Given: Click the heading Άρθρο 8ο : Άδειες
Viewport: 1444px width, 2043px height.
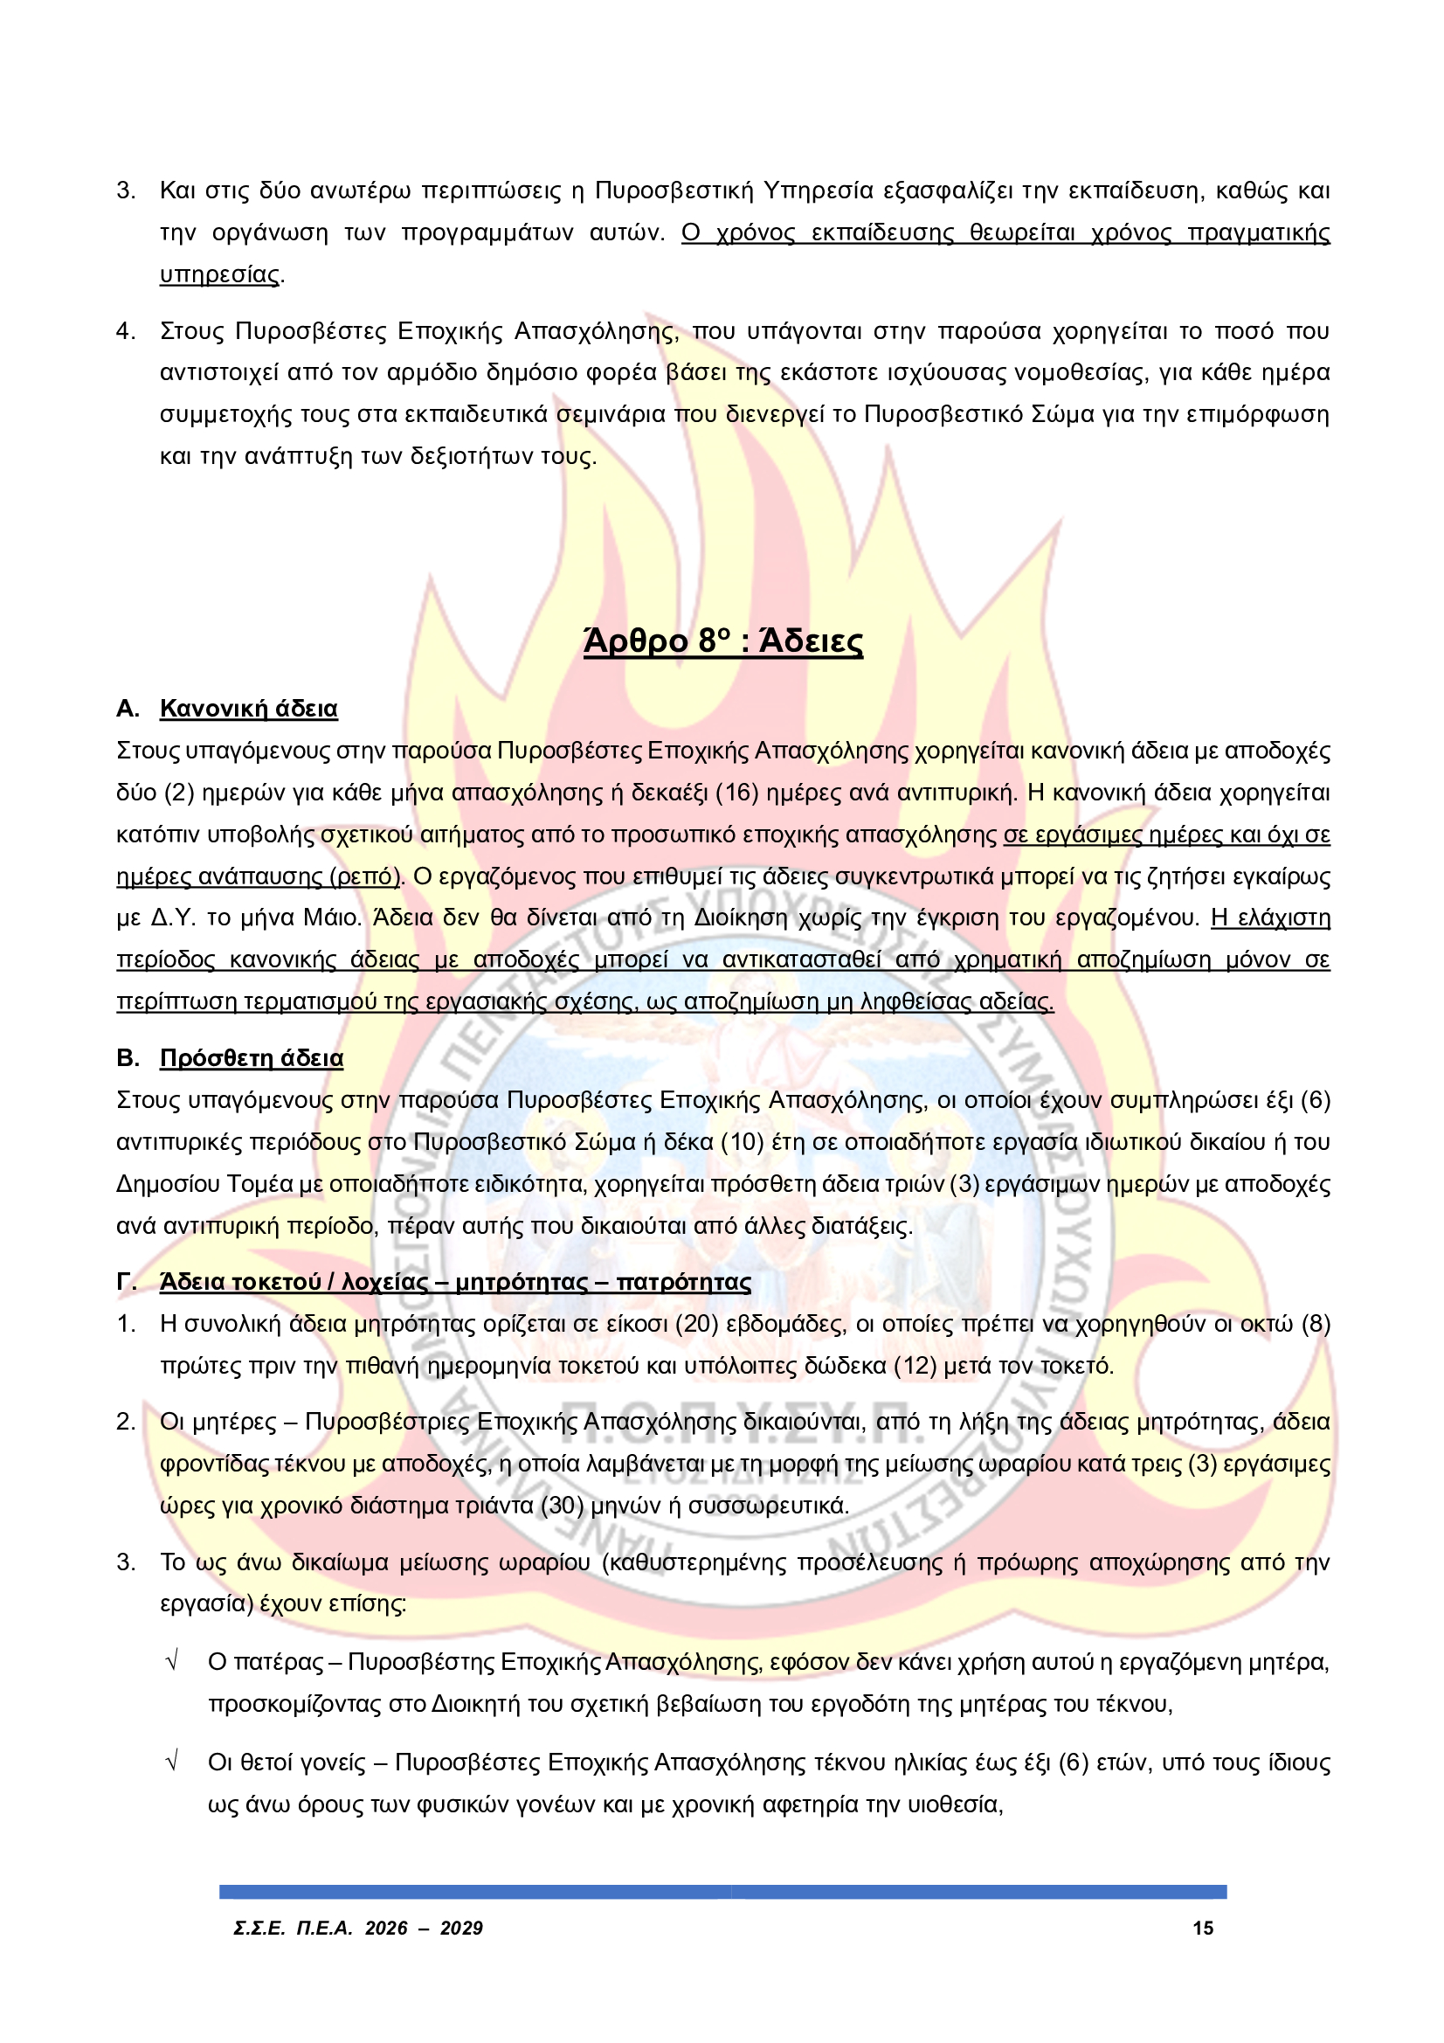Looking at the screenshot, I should (x=722, y=641).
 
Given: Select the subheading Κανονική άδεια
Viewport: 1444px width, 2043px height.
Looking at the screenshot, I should (x=248, y=710).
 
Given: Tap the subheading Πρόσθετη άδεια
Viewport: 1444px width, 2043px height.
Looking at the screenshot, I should (x=251, y=1058).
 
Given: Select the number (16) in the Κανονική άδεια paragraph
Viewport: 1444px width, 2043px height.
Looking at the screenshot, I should (x=736, y=793).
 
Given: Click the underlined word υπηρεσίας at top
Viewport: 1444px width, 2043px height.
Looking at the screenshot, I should (x=220, y=275).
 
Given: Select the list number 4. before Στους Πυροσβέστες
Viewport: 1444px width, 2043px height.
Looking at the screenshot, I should (x=126, y=332).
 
